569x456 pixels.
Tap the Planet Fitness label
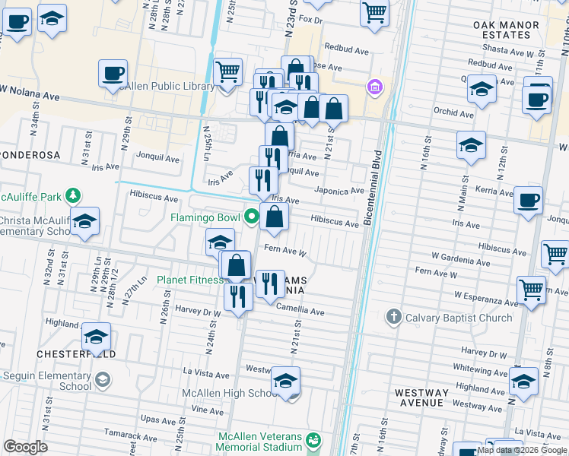pos(189,280)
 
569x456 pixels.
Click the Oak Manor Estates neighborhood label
pos(506,30)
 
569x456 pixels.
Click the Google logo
pos(25,447)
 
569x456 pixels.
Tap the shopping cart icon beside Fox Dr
pos(374,14)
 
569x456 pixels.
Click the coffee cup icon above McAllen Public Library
pos(113,73)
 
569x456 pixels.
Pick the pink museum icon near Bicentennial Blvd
pos(373,87)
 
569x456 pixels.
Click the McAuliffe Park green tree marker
pos(72,195)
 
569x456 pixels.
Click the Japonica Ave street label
pos(339,191)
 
